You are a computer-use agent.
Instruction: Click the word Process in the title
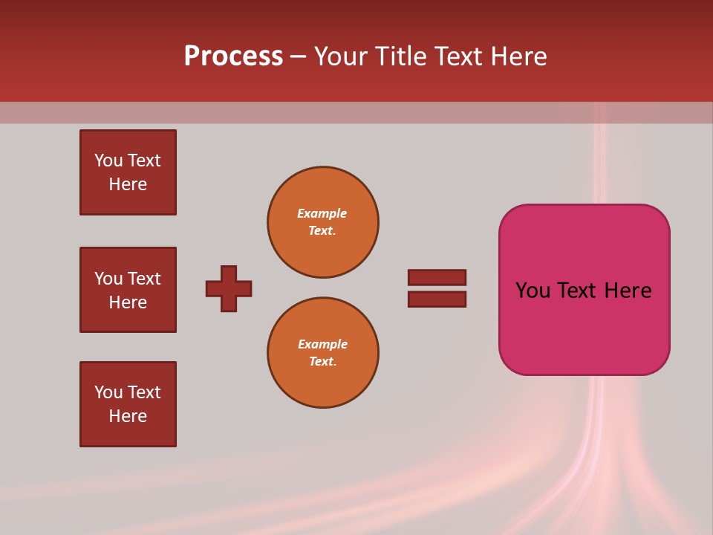(233, 56)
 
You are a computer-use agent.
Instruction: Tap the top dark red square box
(128, 172)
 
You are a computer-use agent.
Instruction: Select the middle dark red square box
(128, 290)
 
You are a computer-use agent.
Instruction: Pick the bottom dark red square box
(128, 404)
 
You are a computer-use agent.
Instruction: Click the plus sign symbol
(229, 288)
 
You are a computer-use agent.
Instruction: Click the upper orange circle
(322, 221)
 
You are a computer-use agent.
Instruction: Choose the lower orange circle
(322, 352)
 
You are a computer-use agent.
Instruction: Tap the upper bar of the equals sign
(437, 277)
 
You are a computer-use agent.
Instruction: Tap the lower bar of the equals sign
(437, 299)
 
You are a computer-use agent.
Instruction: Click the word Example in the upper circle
(322, 213)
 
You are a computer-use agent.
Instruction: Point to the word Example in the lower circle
(322, 344)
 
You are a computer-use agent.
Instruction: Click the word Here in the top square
(128, 184)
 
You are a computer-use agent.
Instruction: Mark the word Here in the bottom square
(128, 416)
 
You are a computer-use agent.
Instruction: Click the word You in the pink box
(533, 291)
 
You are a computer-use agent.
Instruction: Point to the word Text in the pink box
(579, 291)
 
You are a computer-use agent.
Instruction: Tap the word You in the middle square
(108, 279)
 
